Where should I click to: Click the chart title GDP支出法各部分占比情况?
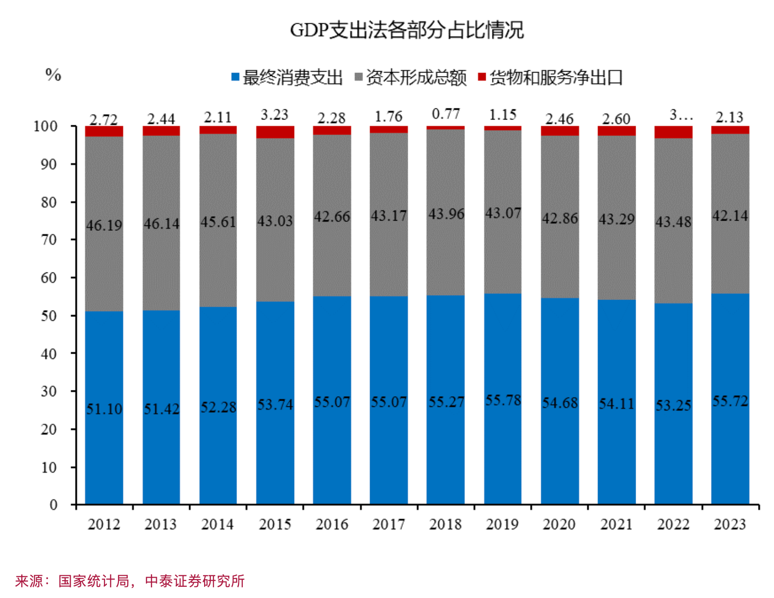click(406, 30)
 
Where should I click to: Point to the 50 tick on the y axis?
click(49, 315)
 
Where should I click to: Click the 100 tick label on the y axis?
click(45, 126)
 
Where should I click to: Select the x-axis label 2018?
click(445, 524)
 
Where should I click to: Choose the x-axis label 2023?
click(729, 524)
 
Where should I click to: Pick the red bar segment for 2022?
click(673, 132)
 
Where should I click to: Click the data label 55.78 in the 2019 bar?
click(503, 400)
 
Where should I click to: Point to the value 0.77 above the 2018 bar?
click(446, 114)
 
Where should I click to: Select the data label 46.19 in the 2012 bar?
click(104, 225)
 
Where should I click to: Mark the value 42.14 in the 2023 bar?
click(729, 215)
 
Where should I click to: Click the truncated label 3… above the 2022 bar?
click(681, 115)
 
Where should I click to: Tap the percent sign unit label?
click(53, 75)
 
